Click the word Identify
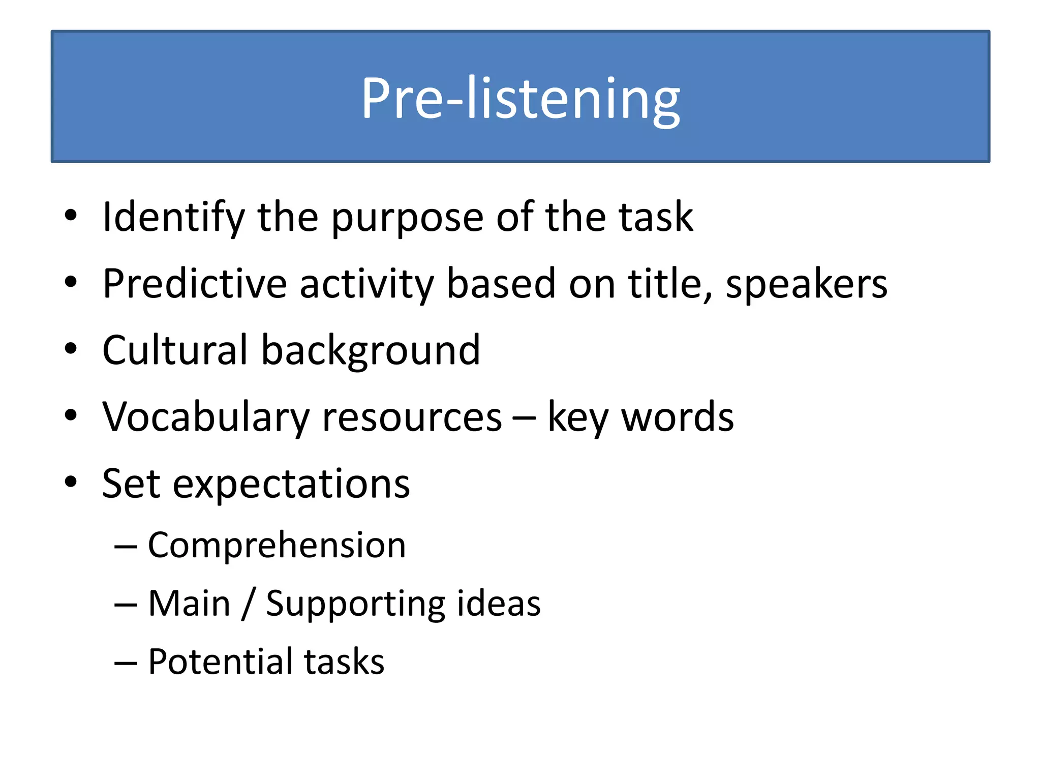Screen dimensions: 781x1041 pos(173,217)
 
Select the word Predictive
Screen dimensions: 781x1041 pos(195,284)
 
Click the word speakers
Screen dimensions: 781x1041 pos(806,285)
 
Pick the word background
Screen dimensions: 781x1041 pos(371,351)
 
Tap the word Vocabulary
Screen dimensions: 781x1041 pos(205,417)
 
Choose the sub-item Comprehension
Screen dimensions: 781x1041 pos(277,545)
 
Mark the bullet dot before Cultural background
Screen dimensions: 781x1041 pos(71,349)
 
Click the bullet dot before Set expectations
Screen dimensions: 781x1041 pos(71,482)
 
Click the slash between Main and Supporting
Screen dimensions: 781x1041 pos(248,604)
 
